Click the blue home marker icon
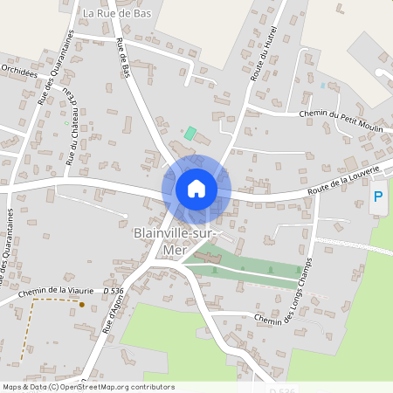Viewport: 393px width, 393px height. click(x=196, y=189)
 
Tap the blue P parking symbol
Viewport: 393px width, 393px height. click(x=378, y=197)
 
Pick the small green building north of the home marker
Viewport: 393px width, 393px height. click(x=190, y=134)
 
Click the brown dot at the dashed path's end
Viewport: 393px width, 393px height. click(x=81, y=305)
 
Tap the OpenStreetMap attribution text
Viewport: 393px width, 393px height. click(x=88, y=387)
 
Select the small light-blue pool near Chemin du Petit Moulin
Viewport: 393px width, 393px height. click(x=322, y=86)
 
